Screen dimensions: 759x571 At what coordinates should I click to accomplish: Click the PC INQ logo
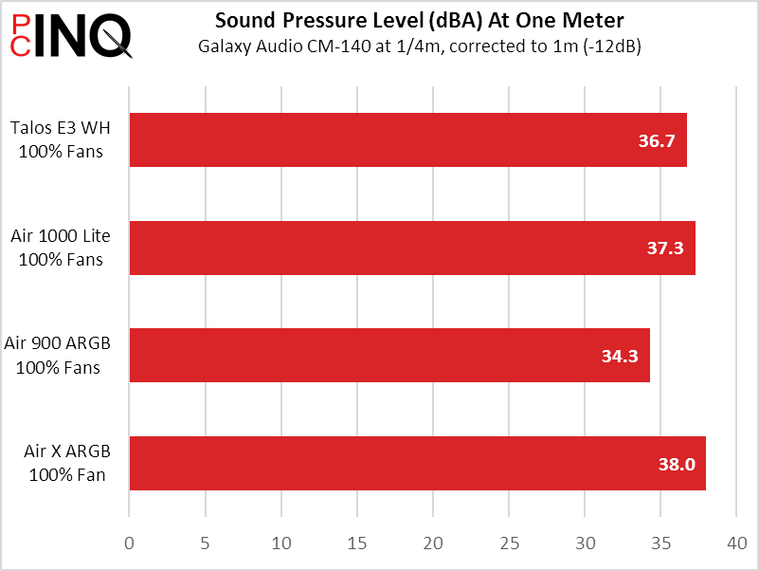coord(71,35)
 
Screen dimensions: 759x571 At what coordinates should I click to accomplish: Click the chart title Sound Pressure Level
coord(419,20)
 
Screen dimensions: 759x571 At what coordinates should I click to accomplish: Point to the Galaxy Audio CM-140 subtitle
coord(419,46)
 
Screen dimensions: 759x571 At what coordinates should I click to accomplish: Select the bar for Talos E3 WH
coord(408,140)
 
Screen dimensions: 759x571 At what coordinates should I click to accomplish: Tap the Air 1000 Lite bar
coord(412,249)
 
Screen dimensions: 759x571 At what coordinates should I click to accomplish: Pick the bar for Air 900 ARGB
coord(389,356)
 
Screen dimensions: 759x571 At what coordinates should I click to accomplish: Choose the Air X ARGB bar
coord(418,464)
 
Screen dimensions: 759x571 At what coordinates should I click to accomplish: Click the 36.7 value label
coord(657,140)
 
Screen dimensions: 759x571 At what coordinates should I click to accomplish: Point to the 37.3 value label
coord(665,249)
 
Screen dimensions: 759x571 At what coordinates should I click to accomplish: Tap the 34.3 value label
coord(620,357)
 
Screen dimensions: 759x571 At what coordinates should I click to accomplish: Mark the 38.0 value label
coord(677,465)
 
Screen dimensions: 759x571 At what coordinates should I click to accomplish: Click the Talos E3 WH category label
coord(61,139)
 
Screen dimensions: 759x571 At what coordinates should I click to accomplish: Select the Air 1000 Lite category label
coord(61,248)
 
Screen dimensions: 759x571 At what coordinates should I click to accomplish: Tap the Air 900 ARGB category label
coord(58,356)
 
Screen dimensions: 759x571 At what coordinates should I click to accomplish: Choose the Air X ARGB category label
coord(67,463)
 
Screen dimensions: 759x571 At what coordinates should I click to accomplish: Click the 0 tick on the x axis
coord(129,543)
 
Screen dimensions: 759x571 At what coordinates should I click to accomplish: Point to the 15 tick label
coord(357,543)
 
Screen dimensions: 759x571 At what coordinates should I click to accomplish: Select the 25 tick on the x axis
coord(509,543)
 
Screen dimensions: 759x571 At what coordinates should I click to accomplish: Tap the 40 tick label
coord(737,543)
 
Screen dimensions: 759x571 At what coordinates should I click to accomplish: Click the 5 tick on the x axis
coord(206,543)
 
